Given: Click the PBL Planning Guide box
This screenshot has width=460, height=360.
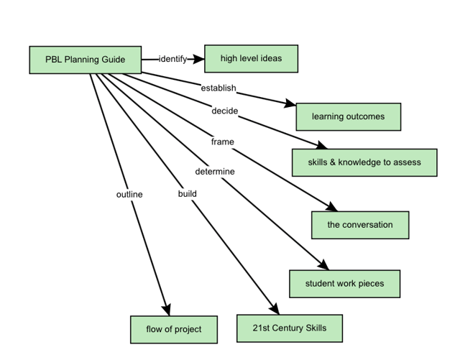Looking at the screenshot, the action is pyautogui.click(x=86, y=60).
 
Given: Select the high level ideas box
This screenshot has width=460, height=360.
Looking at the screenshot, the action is pyautogui.click(x=251, y=59).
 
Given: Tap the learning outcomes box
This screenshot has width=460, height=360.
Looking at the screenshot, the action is pyautogui.click(x=349, y=117).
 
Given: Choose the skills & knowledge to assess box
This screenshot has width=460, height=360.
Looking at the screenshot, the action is pyautogui.click(x=364, y=162).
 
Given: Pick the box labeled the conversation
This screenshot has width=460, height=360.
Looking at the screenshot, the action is pyautogui.click(x=360, y=225).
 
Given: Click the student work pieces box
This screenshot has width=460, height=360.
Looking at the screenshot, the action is pyautogui.click(x=345, y=284).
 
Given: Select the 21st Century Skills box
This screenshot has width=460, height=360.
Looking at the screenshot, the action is pyautogui.click(x=290, y=328).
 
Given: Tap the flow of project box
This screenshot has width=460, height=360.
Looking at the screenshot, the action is pyautogui.click(x=174, y=330).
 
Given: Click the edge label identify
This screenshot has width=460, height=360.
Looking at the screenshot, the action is pyautogui.click(x=172, y=59).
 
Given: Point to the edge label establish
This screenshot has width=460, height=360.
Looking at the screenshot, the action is pyautogui.click(x=218, y=88).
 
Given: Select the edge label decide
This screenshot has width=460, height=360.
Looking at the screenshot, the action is pyautogui.click(x=225, y=111).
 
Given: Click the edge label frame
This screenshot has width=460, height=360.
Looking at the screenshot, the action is pyautogui.click(x=223, y=142).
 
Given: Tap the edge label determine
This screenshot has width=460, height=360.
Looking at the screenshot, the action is pyautogui.click(x=215, y=172).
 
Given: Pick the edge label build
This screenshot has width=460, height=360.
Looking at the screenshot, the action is pyautogui.click(x=188, y=194).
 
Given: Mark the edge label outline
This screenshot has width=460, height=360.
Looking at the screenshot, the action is pyautogui.click(x=129, y=195).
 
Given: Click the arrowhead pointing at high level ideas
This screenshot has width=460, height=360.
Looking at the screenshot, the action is pyautogui.click(x=198, y=59).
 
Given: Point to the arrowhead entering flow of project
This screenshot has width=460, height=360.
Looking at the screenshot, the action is pyautogui.click(x=167, y=310).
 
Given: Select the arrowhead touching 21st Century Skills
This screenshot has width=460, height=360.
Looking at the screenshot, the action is pyautogui.click(x=275, y=309).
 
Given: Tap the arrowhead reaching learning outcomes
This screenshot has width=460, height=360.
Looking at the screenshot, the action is pyautogui.click(x=290, y=103).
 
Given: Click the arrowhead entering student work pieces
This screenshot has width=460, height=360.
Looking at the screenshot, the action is pyautogui.click(x=323, y=264).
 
